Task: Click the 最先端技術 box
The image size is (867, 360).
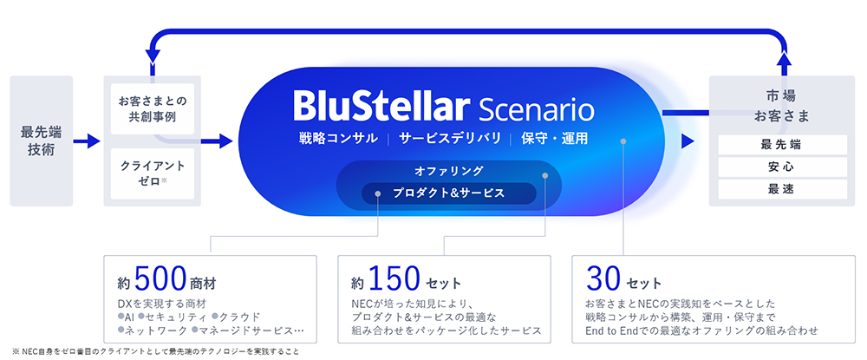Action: (x=42, y=141)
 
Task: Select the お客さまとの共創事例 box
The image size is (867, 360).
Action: (x=153, y=109)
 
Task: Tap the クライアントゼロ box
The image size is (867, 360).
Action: (x=153, y=173)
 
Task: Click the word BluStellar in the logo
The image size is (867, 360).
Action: (x=381, y=107)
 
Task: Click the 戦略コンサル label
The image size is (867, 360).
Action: (x=338, y=138)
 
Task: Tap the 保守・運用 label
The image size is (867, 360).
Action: (x=555, y=138)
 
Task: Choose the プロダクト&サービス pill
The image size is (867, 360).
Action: (x=448, y=193)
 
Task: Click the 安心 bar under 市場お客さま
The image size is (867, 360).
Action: (x=782, y=167)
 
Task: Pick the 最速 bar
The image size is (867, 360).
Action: (x=782, y=189)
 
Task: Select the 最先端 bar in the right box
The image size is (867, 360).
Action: (x=782, y=145)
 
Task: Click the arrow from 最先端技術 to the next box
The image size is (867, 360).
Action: (x=87, y=141)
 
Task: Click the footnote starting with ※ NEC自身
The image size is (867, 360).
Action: (x=155, y=351)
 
